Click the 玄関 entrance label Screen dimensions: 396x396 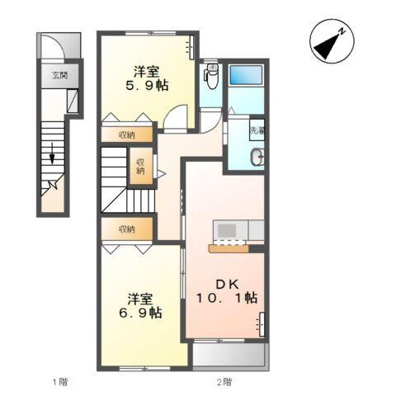click(x=60, y=75)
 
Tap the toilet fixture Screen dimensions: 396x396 click(x=211, y=76)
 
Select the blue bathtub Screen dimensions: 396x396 click(x=246, y=75)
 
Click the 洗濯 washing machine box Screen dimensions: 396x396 click(x=257, y=130)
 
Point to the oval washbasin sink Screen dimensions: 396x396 click(x=257, y=157)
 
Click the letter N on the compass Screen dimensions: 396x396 click(x=342, y=31)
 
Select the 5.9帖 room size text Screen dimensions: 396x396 click(x=147, y=86)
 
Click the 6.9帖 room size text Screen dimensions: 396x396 click(x=140, y=313)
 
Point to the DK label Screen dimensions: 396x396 click(x=227, y=285)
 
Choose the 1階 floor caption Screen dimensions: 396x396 click(x=60, y=381)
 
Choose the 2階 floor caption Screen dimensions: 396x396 click(x=224, y=381)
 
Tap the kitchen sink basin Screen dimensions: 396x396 click(x=227, y=230)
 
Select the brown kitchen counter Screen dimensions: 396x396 click(x=229, y=248)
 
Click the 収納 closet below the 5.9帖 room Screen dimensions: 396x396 click(x=127, y=134)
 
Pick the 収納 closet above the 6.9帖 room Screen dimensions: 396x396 click(x=127, y=229)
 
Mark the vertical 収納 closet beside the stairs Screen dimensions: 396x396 click(x=140, y=166)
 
